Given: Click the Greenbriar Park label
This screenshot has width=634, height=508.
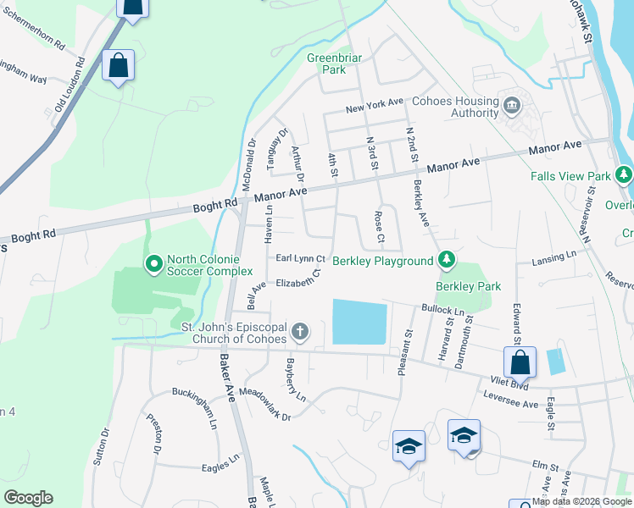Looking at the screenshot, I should pyautogui.click(x=334, y=63).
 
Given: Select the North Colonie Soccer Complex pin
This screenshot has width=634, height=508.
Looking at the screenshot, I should pyautogui.click(x=153, y=264).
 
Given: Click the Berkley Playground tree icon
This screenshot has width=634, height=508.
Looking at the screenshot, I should pyautogui.click(x=446, y=259).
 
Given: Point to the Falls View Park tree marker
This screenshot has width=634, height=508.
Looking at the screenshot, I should pyautogui.click(x=625, y=175).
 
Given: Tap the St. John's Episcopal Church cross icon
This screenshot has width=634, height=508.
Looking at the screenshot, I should pyautogui.click(x=298, y=330).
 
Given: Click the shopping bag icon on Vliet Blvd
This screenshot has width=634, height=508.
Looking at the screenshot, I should pyautogui.click(x=519, y=362).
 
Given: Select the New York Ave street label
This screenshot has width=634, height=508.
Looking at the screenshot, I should pyautogui.click(x=374, y=107).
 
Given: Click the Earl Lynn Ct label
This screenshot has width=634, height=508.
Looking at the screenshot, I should pyautogui.click(x=299, y=258).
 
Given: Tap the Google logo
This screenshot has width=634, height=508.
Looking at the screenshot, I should pyautogui.click(x=28, y=498).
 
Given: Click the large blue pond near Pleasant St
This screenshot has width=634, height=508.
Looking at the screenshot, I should pyautogui.click(x=359, y=322).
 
